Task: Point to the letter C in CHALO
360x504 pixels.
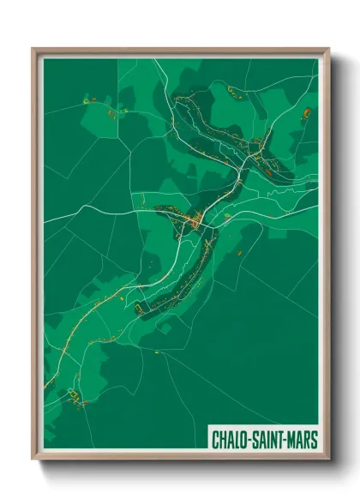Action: (216, 441)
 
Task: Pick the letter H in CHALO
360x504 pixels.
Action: (224, 441)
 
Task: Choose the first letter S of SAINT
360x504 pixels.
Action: (257, 441)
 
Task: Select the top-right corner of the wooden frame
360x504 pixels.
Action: (328, 49)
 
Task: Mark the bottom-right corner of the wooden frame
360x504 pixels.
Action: (328, 459)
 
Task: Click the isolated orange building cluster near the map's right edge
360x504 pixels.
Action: (306, 112)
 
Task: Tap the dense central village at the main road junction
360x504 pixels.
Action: (196, 223)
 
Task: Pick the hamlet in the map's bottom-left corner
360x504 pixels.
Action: (73, 397)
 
